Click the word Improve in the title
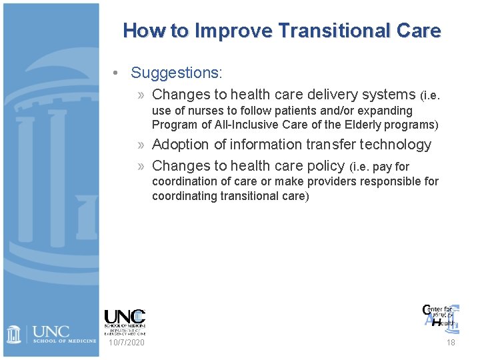point(235,31)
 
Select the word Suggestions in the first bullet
point(176,72)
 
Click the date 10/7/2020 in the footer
point(125,342)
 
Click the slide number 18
point(451,342)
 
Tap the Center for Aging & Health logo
point(441,315)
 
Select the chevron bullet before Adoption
point(143,145)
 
